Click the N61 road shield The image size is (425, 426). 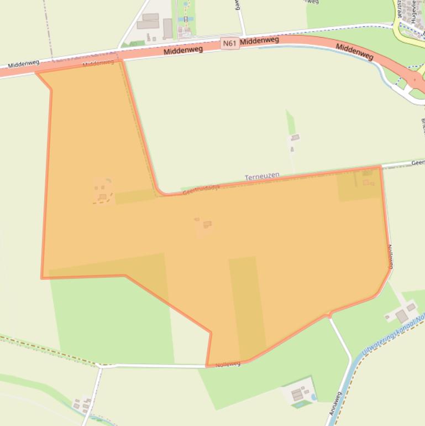pyautogui.click(x=230, y=43)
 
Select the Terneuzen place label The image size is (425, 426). pyautogui.click(x=262, y=176)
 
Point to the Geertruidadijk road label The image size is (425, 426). pyautogui.click(x=201, y=189)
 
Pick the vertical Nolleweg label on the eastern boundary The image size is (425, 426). pyautogui.click(x=390, y=257)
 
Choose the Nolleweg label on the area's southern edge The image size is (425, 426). pyautogui.click(x=228, y=364)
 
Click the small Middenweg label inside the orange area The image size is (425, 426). pyautogui.click(x=98, y=63)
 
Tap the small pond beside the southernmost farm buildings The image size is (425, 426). pyautogui.click(x=313, y=397)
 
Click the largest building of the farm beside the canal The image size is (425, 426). pyautogui.click(x=402, y=316)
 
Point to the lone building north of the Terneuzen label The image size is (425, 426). pyautogui.click(x=295, y=137)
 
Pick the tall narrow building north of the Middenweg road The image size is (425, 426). pyautogui.click(x=167, y=28)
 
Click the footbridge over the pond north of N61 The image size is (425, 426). pyautogui.click(x=186, y=18)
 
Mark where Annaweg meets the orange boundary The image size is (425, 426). pyautogui.click(x=329, y=316)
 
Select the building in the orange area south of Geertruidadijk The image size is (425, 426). pyautogui.click(x=207, y=224)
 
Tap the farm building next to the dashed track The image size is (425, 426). pyautogui.click(x=102, y=196)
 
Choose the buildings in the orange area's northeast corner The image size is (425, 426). pyautogui.click(x=367, y=178)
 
